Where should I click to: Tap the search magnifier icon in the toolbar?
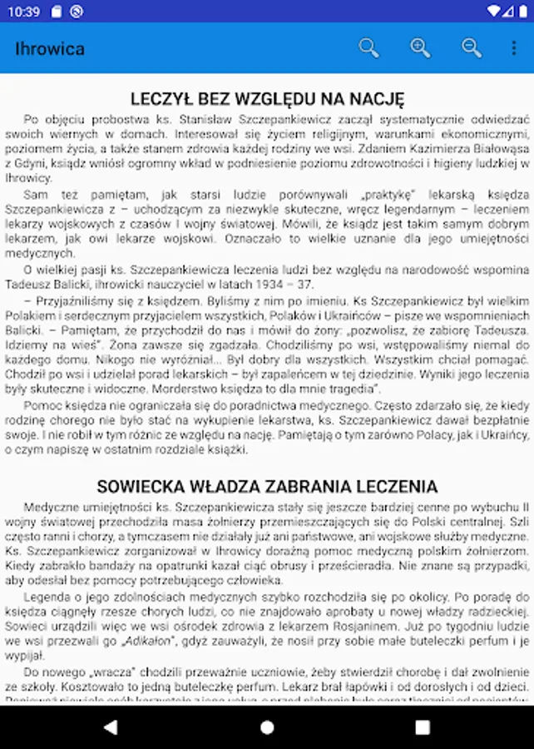(x=368, y=48)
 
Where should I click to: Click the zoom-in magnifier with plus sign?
(x=420, y=48)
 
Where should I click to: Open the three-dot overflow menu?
(x=514, y=48)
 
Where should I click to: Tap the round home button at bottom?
(x=267, y=727)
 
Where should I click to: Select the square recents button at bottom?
(x=422, y=727)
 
